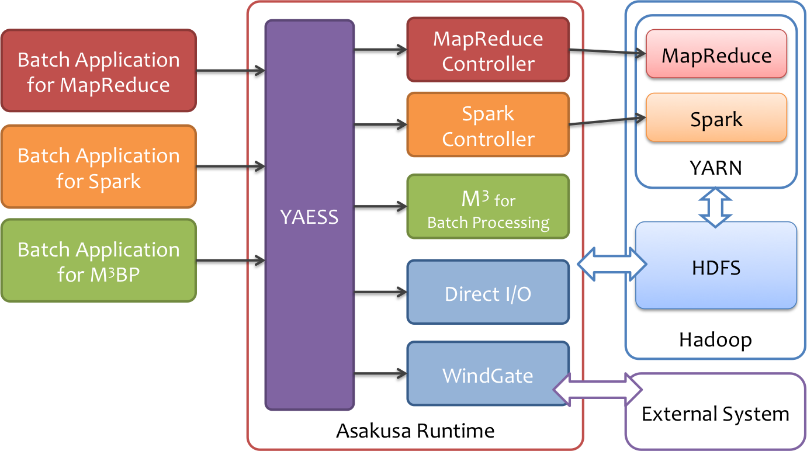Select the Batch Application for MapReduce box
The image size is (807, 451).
[x=98, y=71]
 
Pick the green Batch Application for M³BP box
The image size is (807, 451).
[x=98, y=261]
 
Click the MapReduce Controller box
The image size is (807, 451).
[x=488, y=50]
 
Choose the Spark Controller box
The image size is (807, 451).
[x=488, y=125]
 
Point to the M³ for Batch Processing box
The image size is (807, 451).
[x=488, y=207]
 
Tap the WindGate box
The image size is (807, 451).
[x=488, y=374]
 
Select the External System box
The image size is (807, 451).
[x=715, y=414]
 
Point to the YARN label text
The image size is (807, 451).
[x=715, y=168]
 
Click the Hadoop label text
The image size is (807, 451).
[x=715, y=339]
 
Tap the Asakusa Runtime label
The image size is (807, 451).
[x=415, y=431]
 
